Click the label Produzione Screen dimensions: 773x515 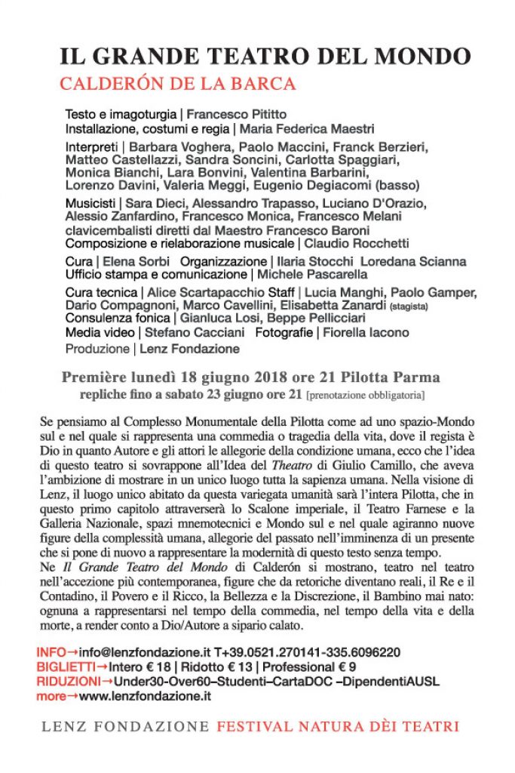point(97,349)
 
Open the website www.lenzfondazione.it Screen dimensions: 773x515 point(144,696)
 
